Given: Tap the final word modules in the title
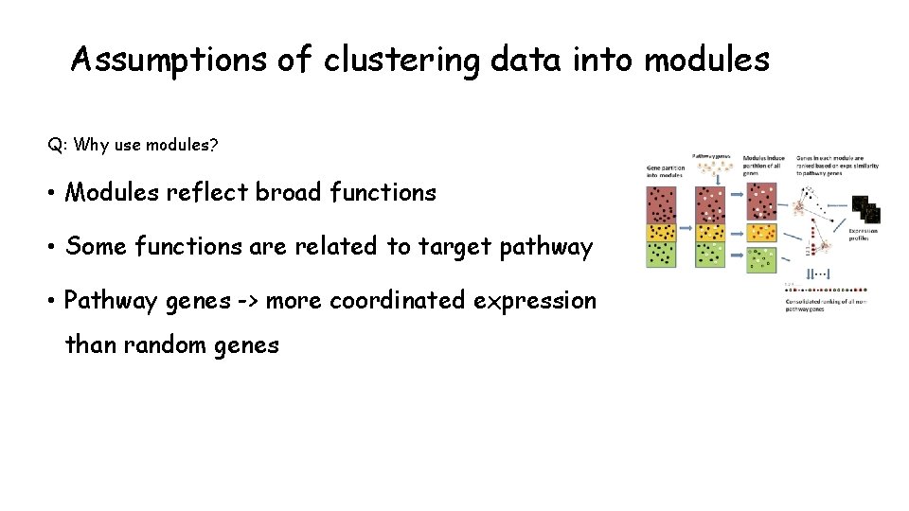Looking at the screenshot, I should [706, 61].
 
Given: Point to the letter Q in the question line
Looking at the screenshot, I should [55, 145].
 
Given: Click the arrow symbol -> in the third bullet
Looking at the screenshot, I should [247, 301].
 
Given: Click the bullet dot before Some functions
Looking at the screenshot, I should [53, 247].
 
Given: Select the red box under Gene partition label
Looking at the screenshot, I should [662, 204].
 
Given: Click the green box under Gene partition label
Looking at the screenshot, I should [662, 255].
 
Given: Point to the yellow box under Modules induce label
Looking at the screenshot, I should [761, 232].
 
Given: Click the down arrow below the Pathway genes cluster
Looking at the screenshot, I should [710, 177].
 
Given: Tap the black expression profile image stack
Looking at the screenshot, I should [865, 211].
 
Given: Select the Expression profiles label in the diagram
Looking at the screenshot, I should [863, 235].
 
